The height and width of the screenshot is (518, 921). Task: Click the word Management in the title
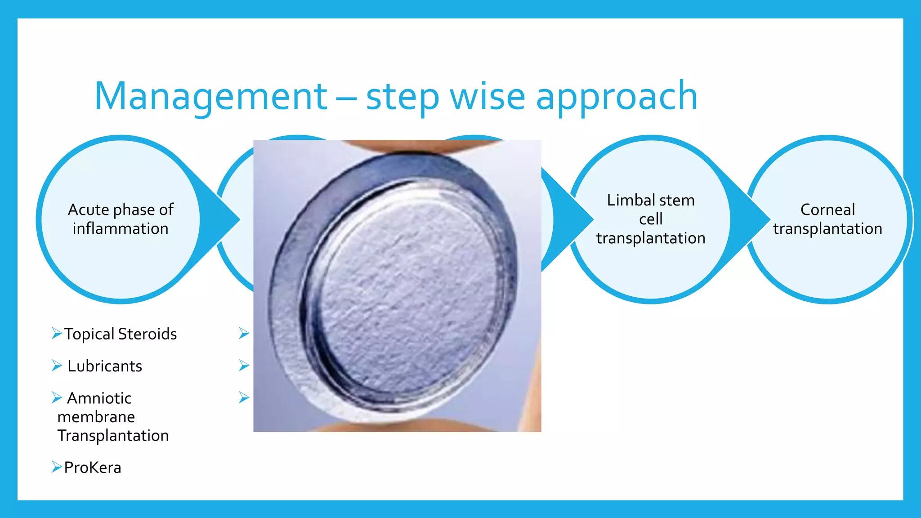click(x=210, y=96)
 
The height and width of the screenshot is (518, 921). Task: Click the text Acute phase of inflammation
click(x=121, y=219)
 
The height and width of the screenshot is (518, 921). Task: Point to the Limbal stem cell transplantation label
click(x=651, y=219)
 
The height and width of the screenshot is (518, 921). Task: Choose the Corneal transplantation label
click(x=827, y=219)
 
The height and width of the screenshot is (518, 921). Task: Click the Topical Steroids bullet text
click(x=120, y=334)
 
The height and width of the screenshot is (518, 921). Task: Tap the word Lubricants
click(x=105, y=366)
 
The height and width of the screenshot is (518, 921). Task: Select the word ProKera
click(x=93, y=468)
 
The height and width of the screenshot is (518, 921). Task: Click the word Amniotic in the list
click(x=99, y=398)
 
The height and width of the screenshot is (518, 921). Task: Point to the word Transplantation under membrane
click(x=113, y=436)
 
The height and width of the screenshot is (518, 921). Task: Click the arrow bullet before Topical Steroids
click(x=57, y=333)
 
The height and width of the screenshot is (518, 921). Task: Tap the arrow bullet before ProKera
click(x=57, y=467)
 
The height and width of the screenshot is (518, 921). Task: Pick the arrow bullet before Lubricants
click(x=57, y=365)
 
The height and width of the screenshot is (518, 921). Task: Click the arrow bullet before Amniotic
click(x=57, y=397)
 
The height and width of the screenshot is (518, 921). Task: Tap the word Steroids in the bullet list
click(x=148, y=334)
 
